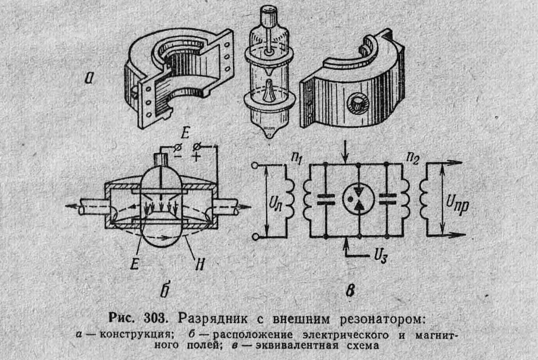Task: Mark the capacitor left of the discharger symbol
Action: [325, 199]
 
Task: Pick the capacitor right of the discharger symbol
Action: [387, 199]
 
